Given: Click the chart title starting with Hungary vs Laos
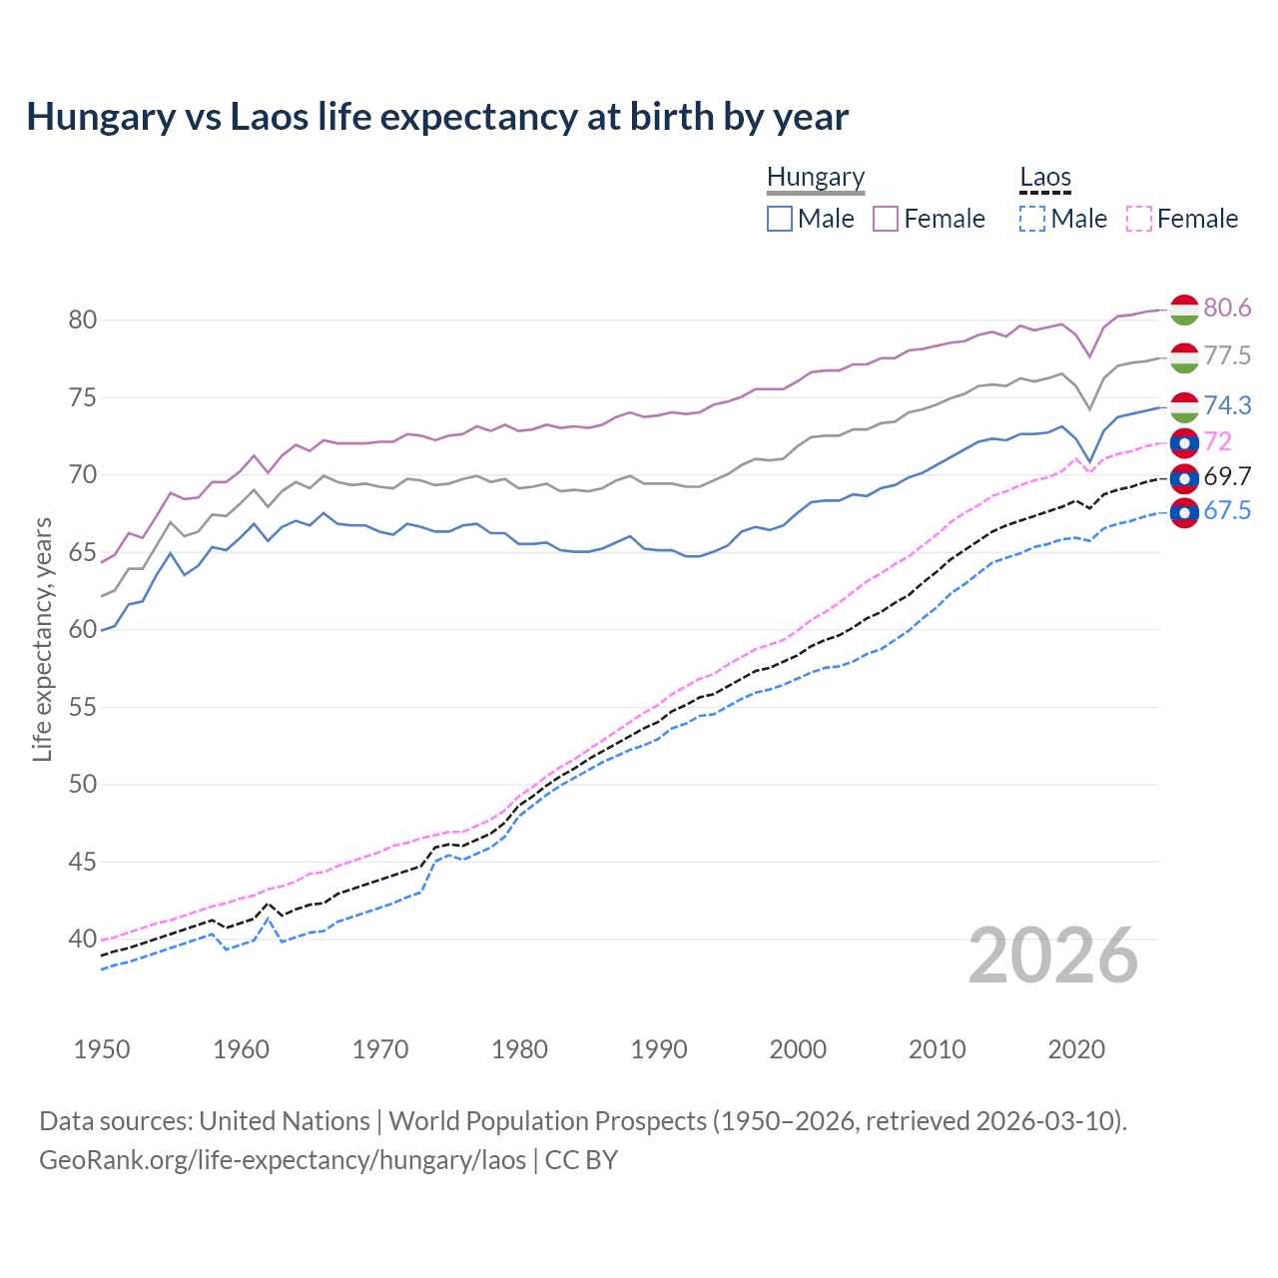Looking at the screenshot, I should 437,117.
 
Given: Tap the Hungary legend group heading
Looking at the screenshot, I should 815,178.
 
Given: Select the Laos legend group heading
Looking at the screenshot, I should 1044,178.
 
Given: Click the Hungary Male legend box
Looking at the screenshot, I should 780,219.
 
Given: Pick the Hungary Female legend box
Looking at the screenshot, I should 886,219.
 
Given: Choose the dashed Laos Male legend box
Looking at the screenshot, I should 1032,219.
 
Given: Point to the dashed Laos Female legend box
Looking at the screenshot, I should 1139,219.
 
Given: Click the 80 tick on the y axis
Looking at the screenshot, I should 82,320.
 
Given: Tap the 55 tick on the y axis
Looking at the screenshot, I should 82,707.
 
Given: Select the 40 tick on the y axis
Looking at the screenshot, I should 82,939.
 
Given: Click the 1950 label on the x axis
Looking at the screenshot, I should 102,1049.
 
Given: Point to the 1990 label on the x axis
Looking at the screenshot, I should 659,1049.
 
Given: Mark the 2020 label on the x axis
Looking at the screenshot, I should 1076,1049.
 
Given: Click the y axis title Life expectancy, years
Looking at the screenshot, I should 42,639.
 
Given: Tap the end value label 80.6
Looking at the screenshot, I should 1227,309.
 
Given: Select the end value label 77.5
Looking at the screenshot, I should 1227,356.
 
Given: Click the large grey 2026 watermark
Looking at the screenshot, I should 1052,956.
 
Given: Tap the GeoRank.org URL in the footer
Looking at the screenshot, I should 283,1160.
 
